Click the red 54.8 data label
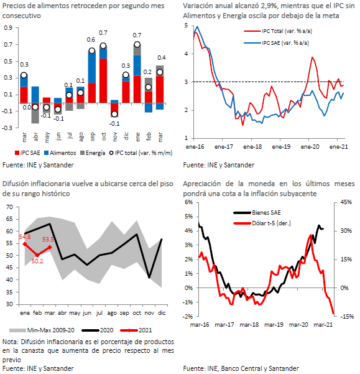point(25,237)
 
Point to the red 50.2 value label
point(37,261)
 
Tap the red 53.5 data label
point(48,239)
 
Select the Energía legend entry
point(93,153)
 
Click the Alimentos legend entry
point(60,153)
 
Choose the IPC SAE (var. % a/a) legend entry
point(277,43)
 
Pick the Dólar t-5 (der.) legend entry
point(262,223)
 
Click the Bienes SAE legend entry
point(257,213)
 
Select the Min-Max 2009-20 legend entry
point(42,330)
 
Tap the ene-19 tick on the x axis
point(281,147)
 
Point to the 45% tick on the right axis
point(346,202)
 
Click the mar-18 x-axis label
point(249,325)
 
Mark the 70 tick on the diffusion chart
point(10,207)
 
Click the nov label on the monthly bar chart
point(115,137)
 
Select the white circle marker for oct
point(103,46)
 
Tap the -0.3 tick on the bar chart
point(8,128)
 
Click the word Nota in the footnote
point(10,342)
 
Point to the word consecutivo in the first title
point(22,16)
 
